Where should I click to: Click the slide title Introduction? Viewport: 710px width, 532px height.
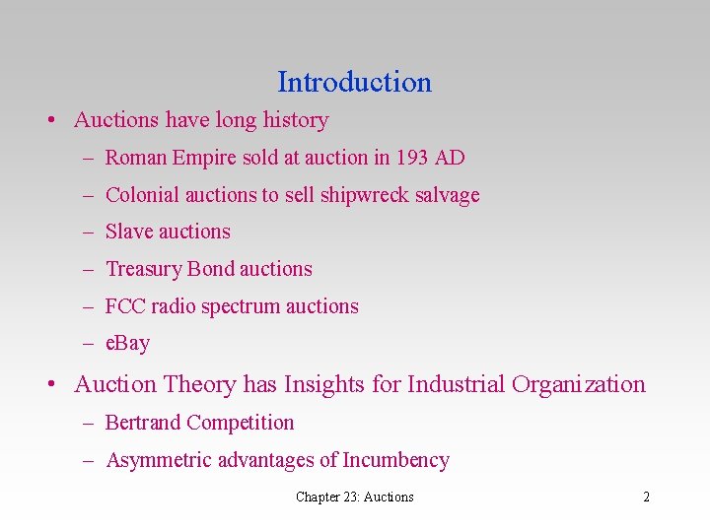[x=354, y=82]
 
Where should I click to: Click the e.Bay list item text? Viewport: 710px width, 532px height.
[x=127, y=344]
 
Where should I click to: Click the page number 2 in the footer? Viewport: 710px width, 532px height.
[x=646, y=497]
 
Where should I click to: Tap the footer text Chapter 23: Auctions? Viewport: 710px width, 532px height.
[x=354, y=497]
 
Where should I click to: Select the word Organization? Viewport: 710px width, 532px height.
[x=578, y=384]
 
